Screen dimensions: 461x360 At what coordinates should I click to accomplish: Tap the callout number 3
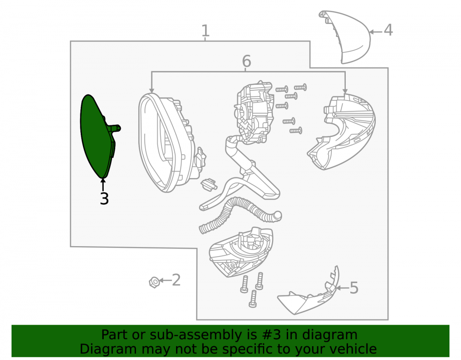tap(104, 199)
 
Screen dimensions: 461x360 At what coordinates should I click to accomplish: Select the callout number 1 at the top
tap(205, 31)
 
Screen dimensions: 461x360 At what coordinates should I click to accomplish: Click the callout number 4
tap(388, 30)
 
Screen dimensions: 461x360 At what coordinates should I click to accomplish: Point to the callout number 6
tap(246, 61)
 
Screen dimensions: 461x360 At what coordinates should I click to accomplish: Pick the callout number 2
tap(176, 280)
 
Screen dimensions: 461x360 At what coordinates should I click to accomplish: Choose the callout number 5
tap(354, 288)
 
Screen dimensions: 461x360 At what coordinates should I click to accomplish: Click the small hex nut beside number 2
tap(154, 282)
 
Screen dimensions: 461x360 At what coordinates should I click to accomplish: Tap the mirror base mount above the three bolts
tap(241, 251)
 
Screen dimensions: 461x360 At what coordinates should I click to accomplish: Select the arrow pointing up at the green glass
tap(103, 185)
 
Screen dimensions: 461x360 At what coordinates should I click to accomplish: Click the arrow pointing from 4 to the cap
tap(376, 32)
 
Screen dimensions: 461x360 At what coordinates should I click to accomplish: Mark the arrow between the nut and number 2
tap(165, 281)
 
